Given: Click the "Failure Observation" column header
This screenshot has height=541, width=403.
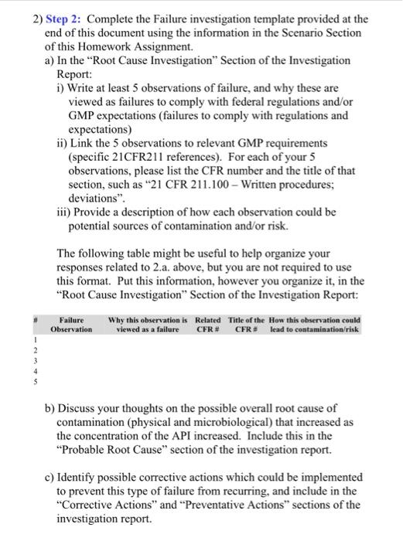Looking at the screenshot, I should coord(71,325).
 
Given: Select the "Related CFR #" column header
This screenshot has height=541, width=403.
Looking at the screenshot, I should coord(207,325).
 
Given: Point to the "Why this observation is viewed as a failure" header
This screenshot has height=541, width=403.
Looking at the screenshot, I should coord(149,325).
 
